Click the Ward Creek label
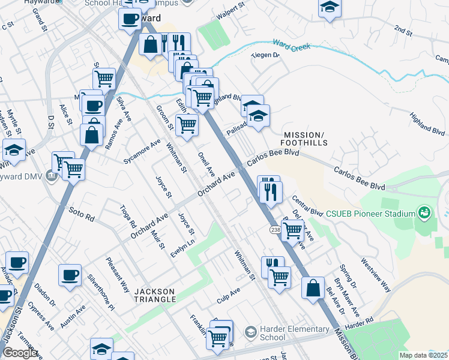pos(292,44)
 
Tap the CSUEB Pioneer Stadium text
pos(370,214)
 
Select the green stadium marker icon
pos(425,213)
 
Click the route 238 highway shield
pos(276,229)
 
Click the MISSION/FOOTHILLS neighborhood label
pos(305,139)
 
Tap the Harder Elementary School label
pos(295,333)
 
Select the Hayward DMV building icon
pos(52,176)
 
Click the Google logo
pos(19,352)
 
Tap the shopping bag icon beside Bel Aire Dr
pos(313,287)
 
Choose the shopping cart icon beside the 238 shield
pos(292,229)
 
